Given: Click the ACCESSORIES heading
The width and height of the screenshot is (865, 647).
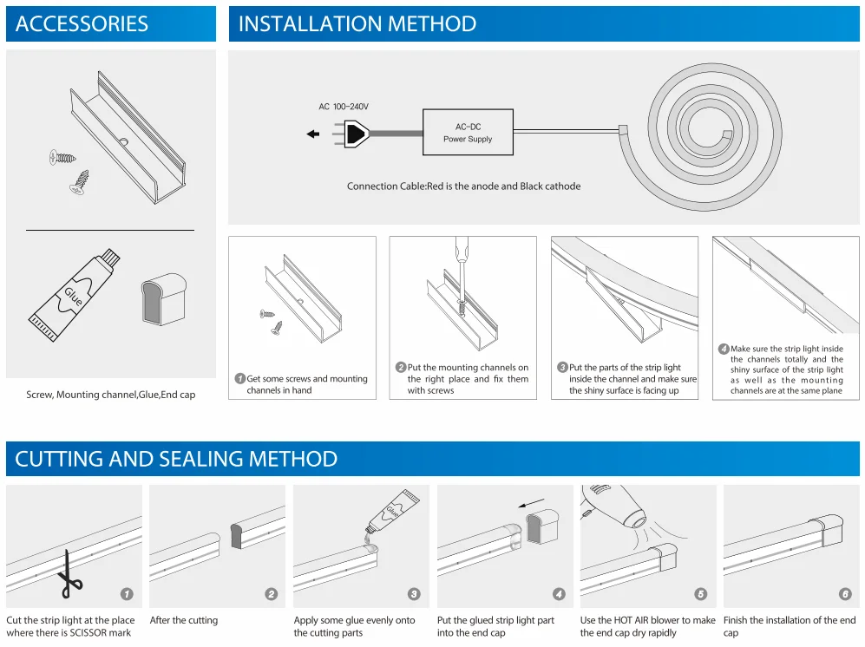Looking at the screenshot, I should (82, 24).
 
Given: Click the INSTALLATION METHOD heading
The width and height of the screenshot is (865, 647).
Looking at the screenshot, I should (357, 24).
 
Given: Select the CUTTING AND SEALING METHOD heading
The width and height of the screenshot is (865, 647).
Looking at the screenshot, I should (176, 459).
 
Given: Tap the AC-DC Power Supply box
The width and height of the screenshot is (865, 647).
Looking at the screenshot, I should (468, 133).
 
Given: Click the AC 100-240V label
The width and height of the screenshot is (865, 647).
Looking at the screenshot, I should (344, 107).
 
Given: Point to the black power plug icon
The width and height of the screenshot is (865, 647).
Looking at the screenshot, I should (357, 134).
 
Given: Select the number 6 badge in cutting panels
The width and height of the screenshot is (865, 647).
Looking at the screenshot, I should (845, 594).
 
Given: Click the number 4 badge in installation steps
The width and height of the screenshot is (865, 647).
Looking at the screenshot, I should (724, 349).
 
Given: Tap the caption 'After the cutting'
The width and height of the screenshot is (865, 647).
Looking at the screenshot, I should (184, 620).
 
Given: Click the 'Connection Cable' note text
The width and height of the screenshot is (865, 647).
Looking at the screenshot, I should (463, 186).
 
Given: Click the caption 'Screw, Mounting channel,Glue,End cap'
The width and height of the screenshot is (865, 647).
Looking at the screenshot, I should (111, 395).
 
